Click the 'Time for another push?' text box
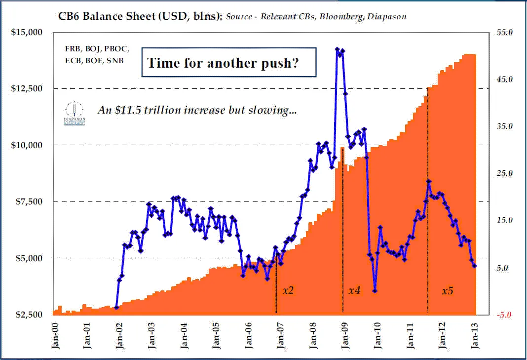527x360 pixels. (229, 63)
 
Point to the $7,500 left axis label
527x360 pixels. (28, 201)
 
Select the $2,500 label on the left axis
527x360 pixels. (28, 315)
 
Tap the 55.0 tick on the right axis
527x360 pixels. (503, 32)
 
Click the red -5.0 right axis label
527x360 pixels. (503, 315)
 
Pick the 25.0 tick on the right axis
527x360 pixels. (503, 173)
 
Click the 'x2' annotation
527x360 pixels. (288, 290)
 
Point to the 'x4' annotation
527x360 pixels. (354, 290)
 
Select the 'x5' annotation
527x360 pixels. (447, 290)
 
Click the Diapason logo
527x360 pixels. (75, 113)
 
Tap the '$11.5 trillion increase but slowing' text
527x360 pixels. (197, 110)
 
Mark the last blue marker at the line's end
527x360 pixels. (475, 266)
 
